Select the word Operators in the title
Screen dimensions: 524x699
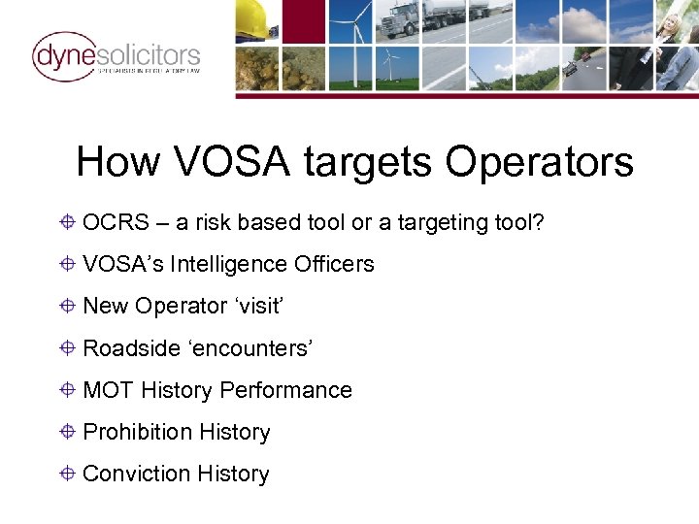[x=540, y=161]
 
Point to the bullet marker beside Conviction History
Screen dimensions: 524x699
[x=68, y=474]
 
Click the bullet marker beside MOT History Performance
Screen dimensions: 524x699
[x=68, y=390]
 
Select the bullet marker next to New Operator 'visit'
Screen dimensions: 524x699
[x=68, y=306]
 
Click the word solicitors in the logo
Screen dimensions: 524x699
[x=149, y=55]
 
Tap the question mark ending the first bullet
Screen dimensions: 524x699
[x=539, y=223]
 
